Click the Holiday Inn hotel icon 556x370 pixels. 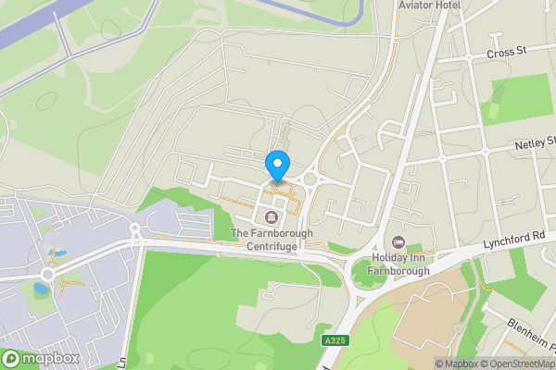(x=399, y=242)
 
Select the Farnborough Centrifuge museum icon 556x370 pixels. (x=271, y=217)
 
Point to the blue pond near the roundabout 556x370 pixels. (x=42, y=289)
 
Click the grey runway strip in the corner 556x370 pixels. (x=28, y=23)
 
